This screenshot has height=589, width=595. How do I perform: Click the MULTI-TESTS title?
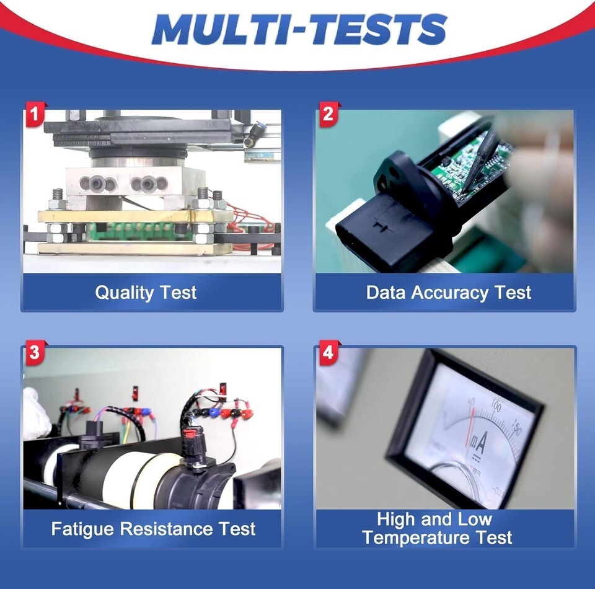point(299,30)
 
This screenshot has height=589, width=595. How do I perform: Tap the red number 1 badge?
point(35,114)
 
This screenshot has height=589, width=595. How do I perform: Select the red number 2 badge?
point(328,114)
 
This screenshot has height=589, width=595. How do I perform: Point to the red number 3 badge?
point(35,352)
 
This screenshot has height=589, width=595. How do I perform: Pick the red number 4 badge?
point(328,352)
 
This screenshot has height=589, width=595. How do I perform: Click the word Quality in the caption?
point(124,293)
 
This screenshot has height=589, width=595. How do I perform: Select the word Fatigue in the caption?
point(82,529)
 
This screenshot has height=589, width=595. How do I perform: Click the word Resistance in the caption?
point(167,529)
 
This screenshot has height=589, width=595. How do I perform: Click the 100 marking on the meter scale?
point(496,405)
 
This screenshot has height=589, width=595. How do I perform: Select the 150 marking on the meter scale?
point(516,427)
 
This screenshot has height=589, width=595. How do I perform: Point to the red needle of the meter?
point(470,426)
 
